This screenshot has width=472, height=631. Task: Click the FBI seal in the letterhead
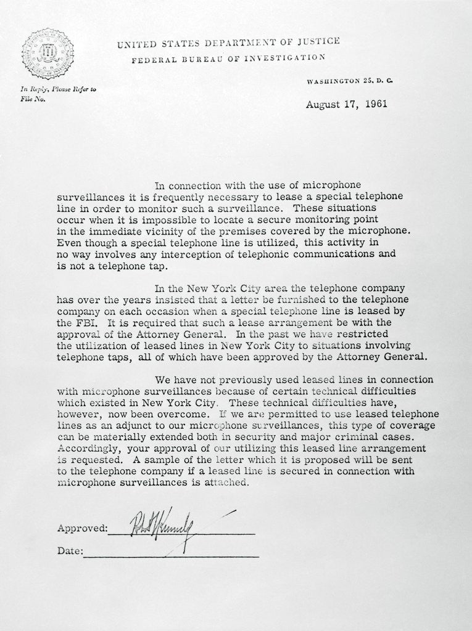click(x=48, y=54)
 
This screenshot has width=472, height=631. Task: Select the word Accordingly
click(x=88, y=449)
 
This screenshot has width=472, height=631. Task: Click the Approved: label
click(x=82, y=528)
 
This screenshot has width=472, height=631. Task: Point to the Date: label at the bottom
click(x=70, y=551)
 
